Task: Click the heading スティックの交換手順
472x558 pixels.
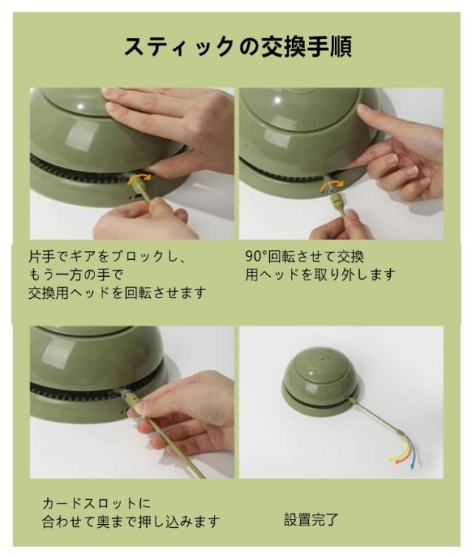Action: pyautogui.click(x=238, y=46)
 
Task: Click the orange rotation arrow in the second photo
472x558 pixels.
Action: pyautogui.click(x=331, y=185)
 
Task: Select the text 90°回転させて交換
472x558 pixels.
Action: pyautogui.click(x=305, y=256)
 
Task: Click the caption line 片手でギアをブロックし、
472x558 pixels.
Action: pyautogui.click(x=107, y=256)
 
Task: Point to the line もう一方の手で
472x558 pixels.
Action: pyautogui.click(x=76, y=275)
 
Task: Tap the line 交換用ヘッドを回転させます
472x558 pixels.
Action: pyautogui.click(x=117, y=292)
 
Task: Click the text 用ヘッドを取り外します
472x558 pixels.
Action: pyautogui.click(x=320, y=275)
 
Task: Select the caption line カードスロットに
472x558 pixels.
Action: pyautogui.click(x=97, y=504)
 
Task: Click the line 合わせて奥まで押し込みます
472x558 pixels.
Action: pyautogui.click(x=131, y=522)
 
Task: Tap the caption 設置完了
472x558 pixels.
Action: pyautogui.click(x=311, y=520)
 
